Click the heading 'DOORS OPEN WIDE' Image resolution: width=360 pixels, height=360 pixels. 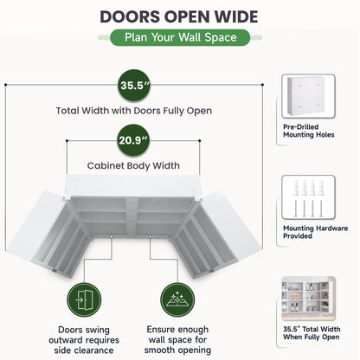click(x=179, y=16)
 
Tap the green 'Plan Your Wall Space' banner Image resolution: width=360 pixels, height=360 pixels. click(x=180, y=37)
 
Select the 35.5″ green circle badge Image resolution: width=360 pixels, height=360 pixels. click(x=134, y=86)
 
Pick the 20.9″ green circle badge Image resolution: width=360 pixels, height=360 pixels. click(x=133, y=140)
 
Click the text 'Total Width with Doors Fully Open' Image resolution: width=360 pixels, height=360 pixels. click(x=134, y=111)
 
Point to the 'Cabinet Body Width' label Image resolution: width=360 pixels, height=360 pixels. click(x=133, y=165)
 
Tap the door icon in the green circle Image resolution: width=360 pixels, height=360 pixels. click(x=84, y=300)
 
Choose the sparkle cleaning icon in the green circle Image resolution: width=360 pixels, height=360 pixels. click(x=177, y=300)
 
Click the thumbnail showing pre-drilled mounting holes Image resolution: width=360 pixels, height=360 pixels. click(x=308, y=96)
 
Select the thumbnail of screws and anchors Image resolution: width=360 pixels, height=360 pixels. click(x=308, y=197)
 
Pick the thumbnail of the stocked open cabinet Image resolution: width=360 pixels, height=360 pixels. click(x=308, y=299)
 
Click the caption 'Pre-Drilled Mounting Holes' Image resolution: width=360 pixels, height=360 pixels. click(x=309, y=131)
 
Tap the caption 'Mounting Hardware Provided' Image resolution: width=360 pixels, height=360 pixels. click(x=315, y=232)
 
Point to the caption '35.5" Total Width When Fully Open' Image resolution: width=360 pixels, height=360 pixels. click(x=312, y=333)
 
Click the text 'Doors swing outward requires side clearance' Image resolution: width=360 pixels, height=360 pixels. click(x=84, y=340)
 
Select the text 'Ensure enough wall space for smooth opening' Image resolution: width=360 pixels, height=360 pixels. click(x=177, y=339)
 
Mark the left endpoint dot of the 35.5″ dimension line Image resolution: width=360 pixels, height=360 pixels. click(x=5, y=85)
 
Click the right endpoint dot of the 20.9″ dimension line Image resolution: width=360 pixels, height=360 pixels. click(x=200, y=141)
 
